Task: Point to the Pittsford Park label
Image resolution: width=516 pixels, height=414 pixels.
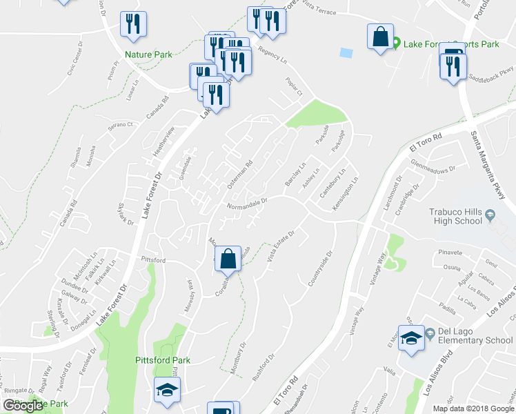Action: point(163,360)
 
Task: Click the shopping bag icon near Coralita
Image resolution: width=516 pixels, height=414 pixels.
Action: point(228,259)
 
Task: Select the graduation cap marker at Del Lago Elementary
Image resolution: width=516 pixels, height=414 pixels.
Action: point(412,338)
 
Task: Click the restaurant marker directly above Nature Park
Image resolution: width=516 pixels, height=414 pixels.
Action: point(131,24)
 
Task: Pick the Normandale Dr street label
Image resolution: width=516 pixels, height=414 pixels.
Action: point(246,204)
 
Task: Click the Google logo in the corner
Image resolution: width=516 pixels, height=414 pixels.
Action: point(23,406)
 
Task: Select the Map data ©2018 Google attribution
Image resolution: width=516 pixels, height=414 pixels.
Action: point(473,408)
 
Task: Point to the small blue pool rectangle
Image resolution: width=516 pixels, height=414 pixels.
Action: point(346,52)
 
